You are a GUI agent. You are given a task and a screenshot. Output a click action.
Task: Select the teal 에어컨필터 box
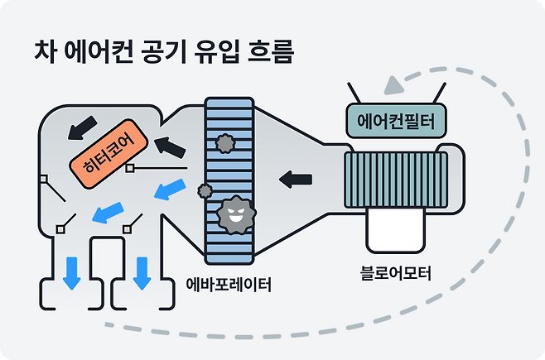(395, 122)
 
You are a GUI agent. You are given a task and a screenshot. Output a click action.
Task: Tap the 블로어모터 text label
(396, 272)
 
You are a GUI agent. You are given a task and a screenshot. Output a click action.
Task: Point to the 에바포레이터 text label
(229, 286)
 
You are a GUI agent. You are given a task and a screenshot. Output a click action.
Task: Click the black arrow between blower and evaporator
(296, 177)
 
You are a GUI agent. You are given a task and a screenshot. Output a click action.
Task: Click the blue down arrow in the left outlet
(72, 271)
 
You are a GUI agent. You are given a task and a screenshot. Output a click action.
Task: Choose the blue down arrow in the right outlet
(142, 271)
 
